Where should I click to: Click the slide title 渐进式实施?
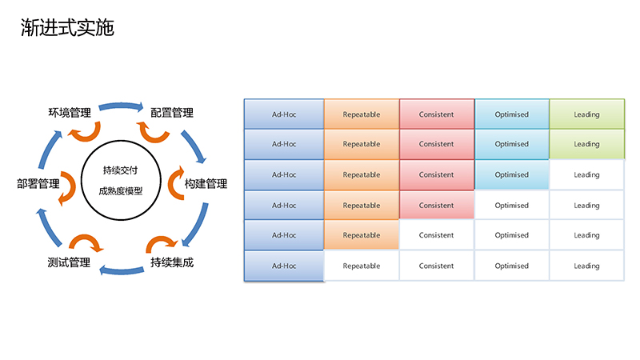67,28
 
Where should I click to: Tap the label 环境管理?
70,113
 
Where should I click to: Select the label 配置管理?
172,113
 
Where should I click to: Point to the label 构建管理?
206,184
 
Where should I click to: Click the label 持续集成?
172,262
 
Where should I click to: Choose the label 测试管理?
69,262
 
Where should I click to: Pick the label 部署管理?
38,184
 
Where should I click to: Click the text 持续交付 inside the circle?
121,170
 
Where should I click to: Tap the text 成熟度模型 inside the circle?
121,190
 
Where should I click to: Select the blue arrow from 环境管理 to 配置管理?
121,106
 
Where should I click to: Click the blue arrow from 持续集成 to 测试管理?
122,270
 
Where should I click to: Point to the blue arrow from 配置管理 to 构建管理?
194,146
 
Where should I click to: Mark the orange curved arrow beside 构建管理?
174,184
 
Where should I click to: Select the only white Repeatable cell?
362,266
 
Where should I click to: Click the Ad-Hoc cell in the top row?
284,114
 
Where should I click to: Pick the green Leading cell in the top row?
587,114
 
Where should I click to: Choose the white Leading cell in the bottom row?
587,266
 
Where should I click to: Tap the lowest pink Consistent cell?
436,206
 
